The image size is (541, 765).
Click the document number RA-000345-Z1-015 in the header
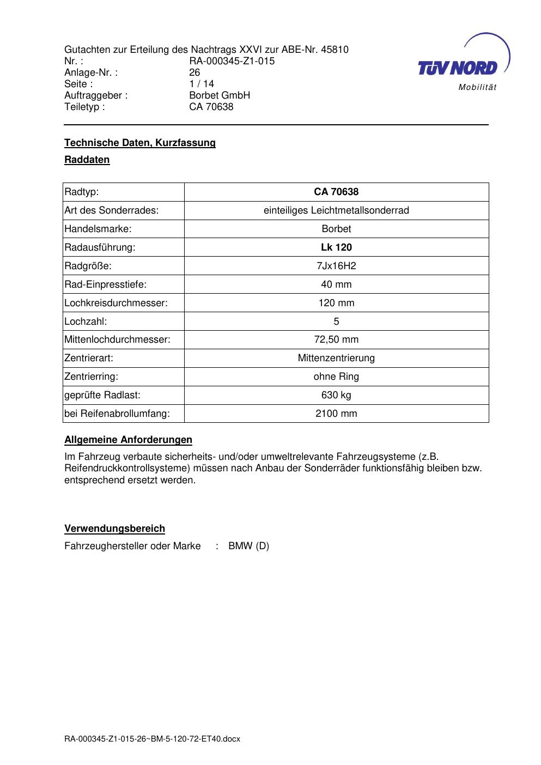[x=232, y=61]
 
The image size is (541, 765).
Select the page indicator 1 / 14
[x=202, y=84]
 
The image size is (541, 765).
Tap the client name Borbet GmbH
[x=220, y=95]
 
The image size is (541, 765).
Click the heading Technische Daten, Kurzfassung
[x=140, y=143]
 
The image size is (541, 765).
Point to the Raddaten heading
[x=87, y=160]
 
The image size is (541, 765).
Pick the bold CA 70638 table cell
[x=336, y=192]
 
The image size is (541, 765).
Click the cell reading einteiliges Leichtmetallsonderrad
[x=336, y=210]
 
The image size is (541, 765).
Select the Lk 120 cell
[x=336, y=247]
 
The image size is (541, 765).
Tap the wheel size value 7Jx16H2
[x=336, y=266]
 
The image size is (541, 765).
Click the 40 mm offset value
[x=336, y=284]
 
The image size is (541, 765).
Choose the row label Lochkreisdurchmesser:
[x=116, y=303]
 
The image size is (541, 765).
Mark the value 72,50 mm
[x=336, y=339]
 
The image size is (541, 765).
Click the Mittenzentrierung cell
[x=336, y=358]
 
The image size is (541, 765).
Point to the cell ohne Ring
[x=336, y=377]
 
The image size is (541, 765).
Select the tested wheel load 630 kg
[x=336, y=395]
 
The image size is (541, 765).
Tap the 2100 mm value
[x=336, y=414]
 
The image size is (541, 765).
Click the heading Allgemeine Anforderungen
[x=128, y=440]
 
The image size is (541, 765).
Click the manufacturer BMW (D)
[x=248, y=546]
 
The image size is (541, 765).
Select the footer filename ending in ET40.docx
[x=152, y=739]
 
